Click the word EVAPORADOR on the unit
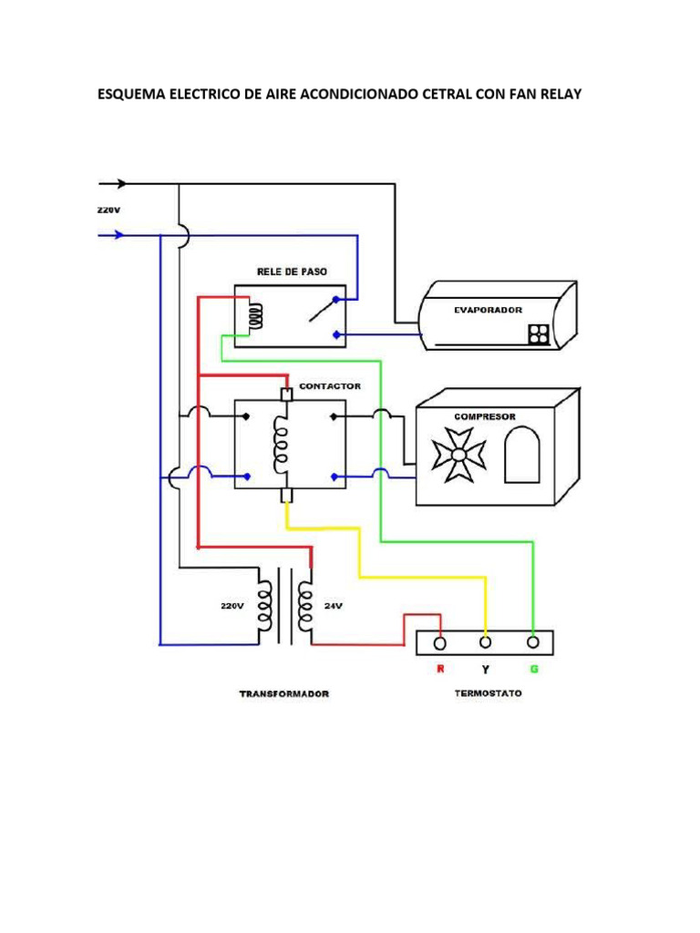click(488, 310)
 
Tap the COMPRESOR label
click(485, 416)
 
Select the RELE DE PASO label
click(292, 272)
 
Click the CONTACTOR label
click(330, 386)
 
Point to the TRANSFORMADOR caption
click(283, 693)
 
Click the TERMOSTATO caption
click(488, 693)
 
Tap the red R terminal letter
click(439, 670)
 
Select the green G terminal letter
click(534, 670)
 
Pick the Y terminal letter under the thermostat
click(486, 670)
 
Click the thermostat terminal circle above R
click(439, 643)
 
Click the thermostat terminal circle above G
click(534, 642)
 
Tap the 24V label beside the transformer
click(334, 605)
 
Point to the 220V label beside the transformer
click(232, 605)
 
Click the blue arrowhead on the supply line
click(118, 234)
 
